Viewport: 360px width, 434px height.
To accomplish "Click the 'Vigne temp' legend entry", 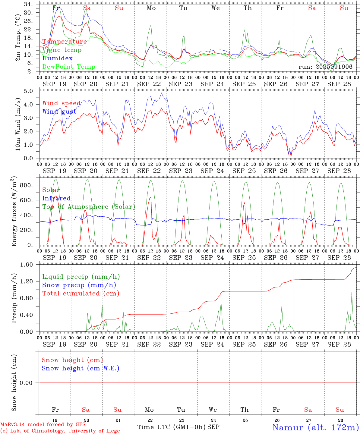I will (62, 50).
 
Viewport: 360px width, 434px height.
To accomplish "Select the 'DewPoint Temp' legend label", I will (69, 67).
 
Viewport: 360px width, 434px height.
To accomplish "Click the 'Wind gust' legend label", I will (59, 112).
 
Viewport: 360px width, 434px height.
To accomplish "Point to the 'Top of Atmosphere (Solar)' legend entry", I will (88, 207).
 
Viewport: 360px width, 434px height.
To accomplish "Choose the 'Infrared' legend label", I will (56, 198).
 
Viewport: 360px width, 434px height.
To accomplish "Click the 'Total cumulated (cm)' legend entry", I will (81, 294).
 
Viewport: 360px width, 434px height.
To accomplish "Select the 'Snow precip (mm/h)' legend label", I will (79, 285).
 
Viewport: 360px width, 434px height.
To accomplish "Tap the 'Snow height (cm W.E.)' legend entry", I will (81, 368).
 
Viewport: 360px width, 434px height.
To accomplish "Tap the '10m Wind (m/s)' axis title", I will (18, 124).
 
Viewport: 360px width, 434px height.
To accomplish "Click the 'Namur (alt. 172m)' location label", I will (315, 427).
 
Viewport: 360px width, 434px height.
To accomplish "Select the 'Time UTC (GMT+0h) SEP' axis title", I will (178, 427).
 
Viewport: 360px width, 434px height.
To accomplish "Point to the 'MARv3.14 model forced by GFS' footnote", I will (43, 425).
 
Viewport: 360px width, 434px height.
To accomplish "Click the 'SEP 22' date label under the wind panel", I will (149, 171).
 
